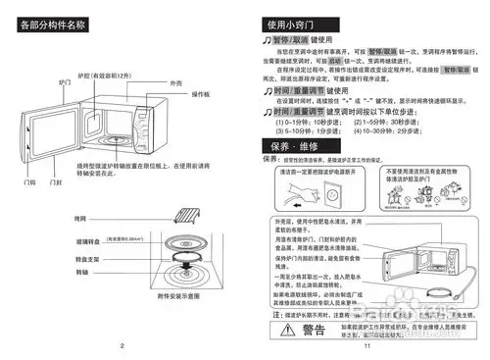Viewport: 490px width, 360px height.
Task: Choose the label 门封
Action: coord(57,181)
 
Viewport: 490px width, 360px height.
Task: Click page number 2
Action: coord(122,345)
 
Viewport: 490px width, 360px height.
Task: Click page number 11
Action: coord(365,345)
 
